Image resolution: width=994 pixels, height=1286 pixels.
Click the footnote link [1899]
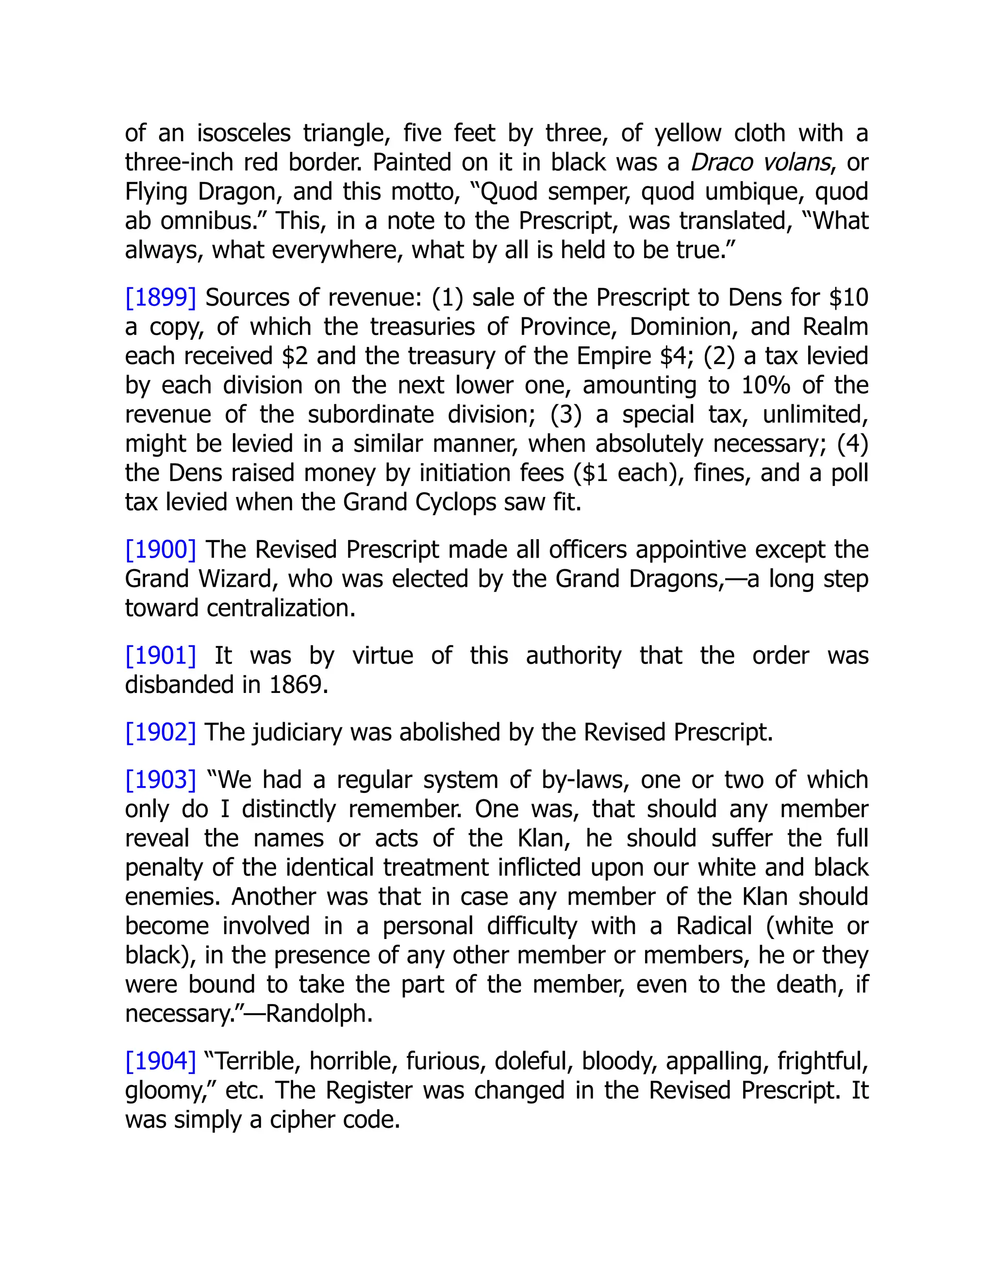160,298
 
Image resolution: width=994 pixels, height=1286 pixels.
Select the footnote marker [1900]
160,550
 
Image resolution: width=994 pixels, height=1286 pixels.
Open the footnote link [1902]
160,732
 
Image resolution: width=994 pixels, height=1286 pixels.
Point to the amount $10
848,298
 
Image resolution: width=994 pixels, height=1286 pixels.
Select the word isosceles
244,133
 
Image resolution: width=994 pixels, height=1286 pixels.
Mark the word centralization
281,608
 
